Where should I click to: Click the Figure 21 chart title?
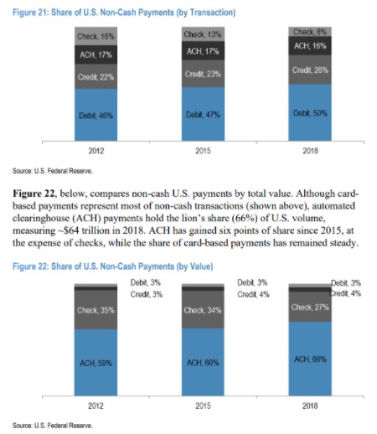(124, 13)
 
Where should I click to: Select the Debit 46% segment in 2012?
(96, 115)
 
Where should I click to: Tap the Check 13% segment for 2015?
(203, 34)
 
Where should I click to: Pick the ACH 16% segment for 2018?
(310, 46)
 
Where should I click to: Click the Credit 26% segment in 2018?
(310, 70)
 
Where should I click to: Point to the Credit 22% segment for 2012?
(96, 76)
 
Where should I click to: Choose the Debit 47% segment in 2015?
(203, 114)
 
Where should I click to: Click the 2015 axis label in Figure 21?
(203, 151)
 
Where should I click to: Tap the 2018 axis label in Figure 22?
(310, 406)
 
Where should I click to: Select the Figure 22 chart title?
(113, 266)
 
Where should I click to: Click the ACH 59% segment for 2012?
(96, 363)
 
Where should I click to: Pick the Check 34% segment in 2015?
(203, 309)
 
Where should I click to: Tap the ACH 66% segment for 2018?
(310, 359)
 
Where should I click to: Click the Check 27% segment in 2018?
(310, 307)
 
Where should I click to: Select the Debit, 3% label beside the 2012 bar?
(146, 282)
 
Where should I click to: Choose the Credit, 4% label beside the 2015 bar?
(253, 294)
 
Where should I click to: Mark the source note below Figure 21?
(53, 171)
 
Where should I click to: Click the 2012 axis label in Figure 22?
(96, 406)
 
